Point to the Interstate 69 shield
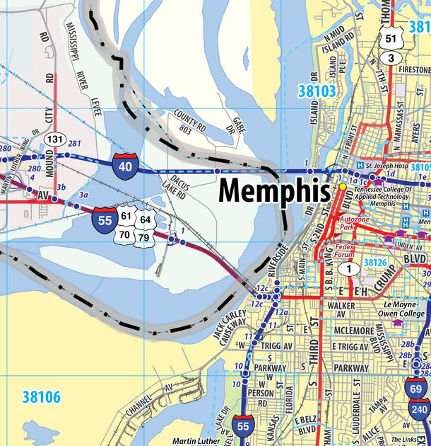coord(416,388)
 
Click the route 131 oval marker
coord(54,139)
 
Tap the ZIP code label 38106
coord(41,397)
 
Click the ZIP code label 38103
coord(316,91)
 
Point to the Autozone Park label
coord(355,224)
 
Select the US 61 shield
coord(126,216)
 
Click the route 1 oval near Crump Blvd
coord(347,268)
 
